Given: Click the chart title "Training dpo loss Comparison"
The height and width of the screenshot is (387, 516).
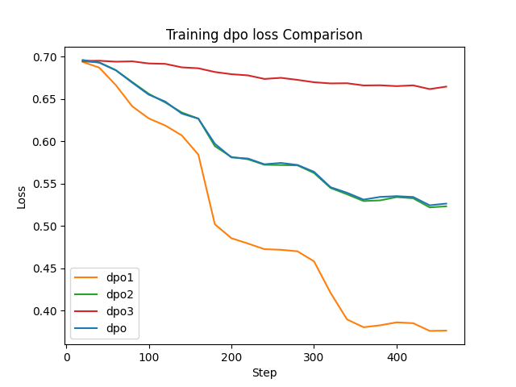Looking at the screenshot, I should click(x=264, y=35).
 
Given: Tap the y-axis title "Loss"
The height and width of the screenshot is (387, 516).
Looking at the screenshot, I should click(x=22, y=196).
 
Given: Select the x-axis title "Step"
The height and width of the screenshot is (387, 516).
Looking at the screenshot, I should click(x=264, y=373).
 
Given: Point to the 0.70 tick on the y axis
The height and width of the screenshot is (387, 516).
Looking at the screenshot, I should click(x=46, y=57).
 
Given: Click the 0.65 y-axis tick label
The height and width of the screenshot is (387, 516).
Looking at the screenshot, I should click(x=46, y=99).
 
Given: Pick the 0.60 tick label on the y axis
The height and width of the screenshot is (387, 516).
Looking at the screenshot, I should click(x=46, y=142).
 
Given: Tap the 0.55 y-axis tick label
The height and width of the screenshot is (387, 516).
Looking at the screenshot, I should click(x=46, y=184).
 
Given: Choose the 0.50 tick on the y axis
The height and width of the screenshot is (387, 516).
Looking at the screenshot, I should click(x=46, y=227).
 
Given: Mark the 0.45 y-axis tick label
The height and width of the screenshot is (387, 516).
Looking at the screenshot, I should click(x=46, y=268).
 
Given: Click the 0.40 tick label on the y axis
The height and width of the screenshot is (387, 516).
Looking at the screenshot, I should click(x=46, y=311).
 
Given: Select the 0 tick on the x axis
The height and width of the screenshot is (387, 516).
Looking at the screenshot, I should click(x=66, y=356).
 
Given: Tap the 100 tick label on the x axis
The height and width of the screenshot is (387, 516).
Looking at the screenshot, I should click(x=148, y=356).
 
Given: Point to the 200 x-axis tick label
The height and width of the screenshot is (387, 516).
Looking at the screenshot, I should click(x=231, y=356).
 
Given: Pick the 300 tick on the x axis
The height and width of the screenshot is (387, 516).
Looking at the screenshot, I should click(x=314, y=356).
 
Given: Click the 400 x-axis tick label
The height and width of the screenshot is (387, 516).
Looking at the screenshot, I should click(x=396, y=356).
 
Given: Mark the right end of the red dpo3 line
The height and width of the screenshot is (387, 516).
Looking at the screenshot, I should click(x=446, y=86).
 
